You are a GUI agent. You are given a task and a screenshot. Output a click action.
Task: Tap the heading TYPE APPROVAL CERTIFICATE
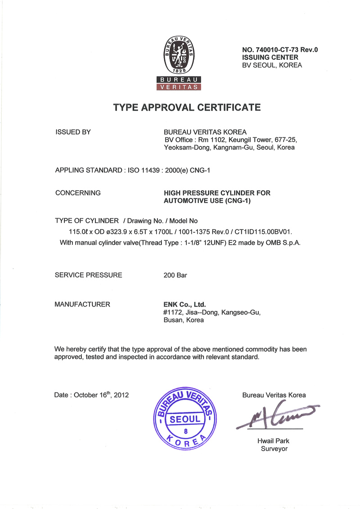tap(187, 108)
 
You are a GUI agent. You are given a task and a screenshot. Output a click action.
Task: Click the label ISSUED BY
tap(73, 132)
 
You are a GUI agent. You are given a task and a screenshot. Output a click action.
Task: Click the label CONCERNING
tap(77, 193)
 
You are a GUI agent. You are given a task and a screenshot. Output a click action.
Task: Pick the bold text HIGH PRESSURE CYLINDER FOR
tap(217, 193)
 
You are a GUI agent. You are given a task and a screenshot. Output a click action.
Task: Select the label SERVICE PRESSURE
tap(88, 275)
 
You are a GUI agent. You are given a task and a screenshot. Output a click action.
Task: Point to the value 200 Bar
tap(175, 275)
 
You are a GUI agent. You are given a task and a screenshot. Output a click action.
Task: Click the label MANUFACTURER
tap(82, 304)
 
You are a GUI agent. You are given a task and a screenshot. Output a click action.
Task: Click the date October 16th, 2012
tap(101, 395)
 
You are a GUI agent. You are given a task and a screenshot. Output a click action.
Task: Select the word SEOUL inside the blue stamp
tap(185, 419)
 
